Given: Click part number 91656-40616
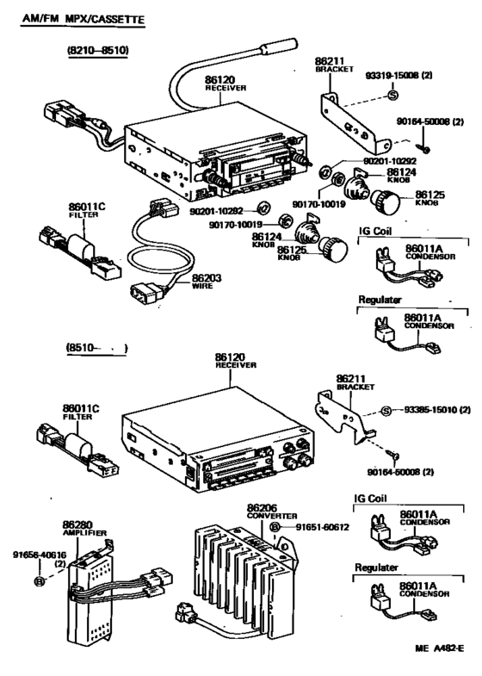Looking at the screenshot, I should (40, 557).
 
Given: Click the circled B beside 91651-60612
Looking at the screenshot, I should (275, 526).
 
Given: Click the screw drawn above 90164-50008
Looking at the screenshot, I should (392, 453).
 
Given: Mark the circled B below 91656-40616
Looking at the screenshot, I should (39, 583).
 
